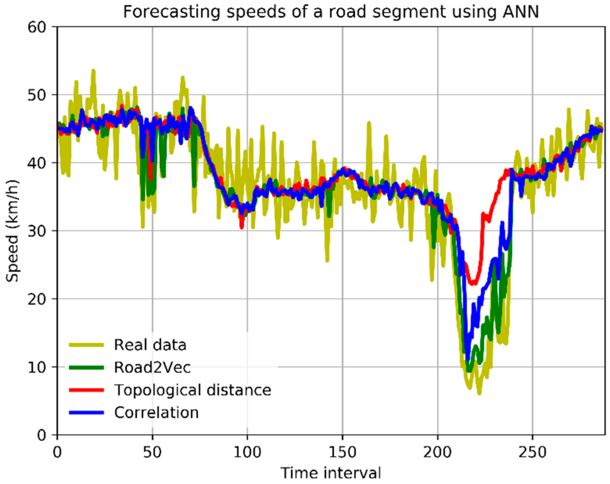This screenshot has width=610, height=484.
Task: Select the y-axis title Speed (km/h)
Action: (x=12, y=231)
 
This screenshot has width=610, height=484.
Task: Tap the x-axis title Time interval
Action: (x=331, y=473)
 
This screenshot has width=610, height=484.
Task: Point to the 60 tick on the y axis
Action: (x=37, y=27)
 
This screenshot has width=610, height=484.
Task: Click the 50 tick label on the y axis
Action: (x=37, y=95)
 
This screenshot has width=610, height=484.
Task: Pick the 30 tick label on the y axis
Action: (x=37, y=231)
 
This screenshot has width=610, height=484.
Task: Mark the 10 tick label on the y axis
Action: (x=37, y=367)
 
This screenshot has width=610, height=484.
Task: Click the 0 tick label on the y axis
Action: (x=42, y=435)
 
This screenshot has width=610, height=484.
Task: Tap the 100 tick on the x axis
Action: (x=247, y=452)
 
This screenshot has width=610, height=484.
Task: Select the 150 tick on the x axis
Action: (x=343, y=452)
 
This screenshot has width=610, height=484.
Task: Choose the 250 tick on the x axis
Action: (x=533, y=452)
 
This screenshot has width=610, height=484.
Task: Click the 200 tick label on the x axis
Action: (x=438, y=452)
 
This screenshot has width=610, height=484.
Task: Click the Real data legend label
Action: (x=150, y=345)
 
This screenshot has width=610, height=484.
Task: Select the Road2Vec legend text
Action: (x=152, y=367)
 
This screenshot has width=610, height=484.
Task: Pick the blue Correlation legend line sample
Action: (x=86, y=413)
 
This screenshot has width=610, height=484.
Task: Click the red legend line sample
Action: (x=86, y=390)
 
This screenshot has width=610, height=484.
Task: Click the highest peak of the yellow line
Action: (x=93, y=71)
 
